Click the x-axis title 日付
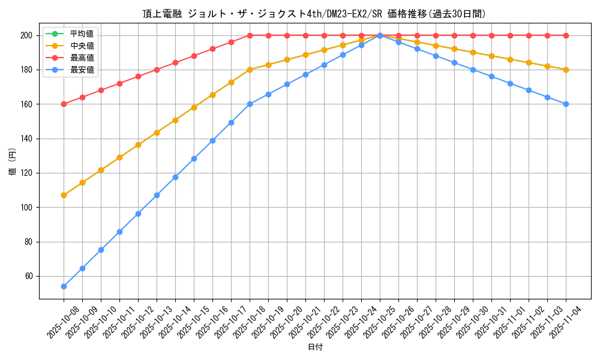tap(315, 347)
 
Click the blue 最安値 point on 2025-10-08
tap(64, 286)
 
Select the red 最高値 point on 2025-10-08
tap(64, 104)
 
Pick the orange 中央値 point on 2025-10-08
tap(64, 195)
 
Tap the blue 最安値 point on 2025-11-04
tap(566, 104)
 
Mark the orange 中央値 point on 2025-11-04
tap(566, 70)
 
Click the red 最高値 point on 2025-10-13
tap(157, 70)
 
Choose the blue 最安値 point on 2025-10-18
tap(250, 104)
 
